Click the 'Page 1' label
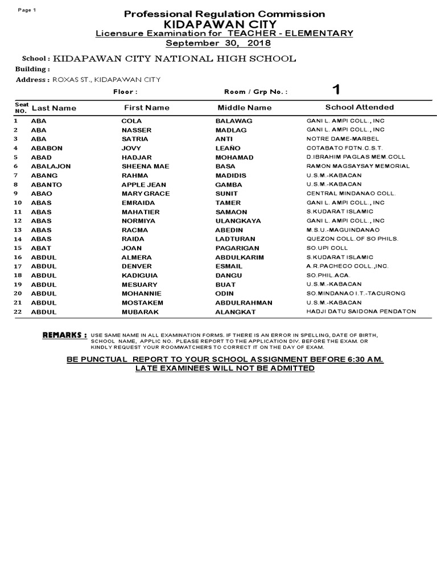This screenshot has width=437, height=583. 27,10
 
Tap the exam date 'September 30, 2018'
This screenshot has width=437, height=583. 218,43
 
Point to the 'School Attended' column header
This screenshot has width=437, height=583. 359,107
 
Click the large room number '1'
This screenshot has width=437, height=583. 336,90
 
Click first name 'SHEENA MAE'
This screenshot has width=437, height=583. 142,166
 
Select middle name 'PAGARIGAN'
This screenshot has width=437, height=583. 237,248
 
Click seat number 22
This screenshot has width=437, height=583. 18,312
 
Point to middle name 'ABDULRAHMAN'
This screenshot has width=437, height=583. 244,303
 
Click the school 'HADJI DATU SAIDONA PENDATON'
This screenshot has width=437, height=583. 361,311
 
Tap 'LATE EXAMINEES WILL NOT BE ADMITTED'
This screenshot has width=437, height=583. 224,368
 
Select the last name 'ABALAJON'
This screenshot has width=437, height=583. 50,166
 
